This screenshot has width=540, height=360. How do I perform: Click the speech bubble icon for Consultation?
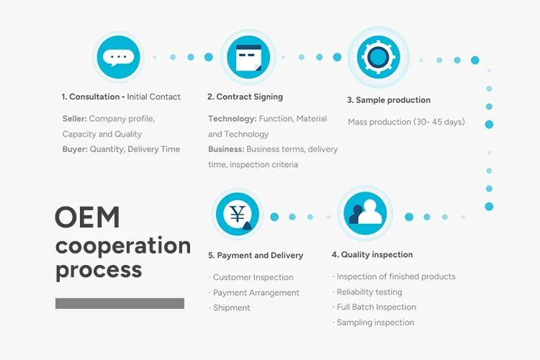tap(118, 57)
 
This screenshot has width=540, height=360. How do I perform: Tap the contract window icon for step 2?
tap(248, 58)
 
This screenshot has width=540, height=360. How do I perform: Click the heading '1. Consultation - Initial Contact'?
tap(121, 96)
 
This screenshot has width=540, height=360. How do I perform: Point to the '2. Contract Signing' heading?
tap(245, 96)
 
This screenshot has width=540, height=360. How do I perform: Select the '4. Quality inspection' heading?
tap(372, 254)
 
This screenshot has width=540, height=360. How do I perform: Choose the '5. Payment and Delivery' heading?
tap(256, 255)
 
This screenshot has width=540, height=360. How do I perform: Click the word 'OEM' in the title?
tap(87, 217)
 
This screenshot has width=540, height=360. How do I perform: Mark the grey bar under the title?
tap(120, 303)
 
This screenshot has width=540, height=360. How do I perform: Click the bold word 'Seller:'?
tap(74, 118)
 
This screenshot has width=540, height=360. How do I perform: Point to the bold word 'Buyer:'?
tap(74, 149)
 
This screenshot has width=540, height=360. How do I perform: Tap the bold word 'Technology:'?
tap(232, 118)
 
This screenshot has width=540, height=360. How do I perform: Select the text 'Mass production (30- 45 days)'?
tap(406, 122)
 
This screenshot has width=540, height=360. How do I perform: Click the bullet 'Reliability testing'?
tap(369, 292)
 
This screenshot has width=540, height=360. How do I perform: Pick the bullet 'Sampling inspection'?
tap(374, 323)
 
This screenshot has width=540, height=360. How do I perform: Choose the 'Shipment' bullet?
tap(230, 307)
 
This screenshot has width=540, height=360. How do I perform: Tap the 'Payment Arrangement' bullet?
tap(255, 292)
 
